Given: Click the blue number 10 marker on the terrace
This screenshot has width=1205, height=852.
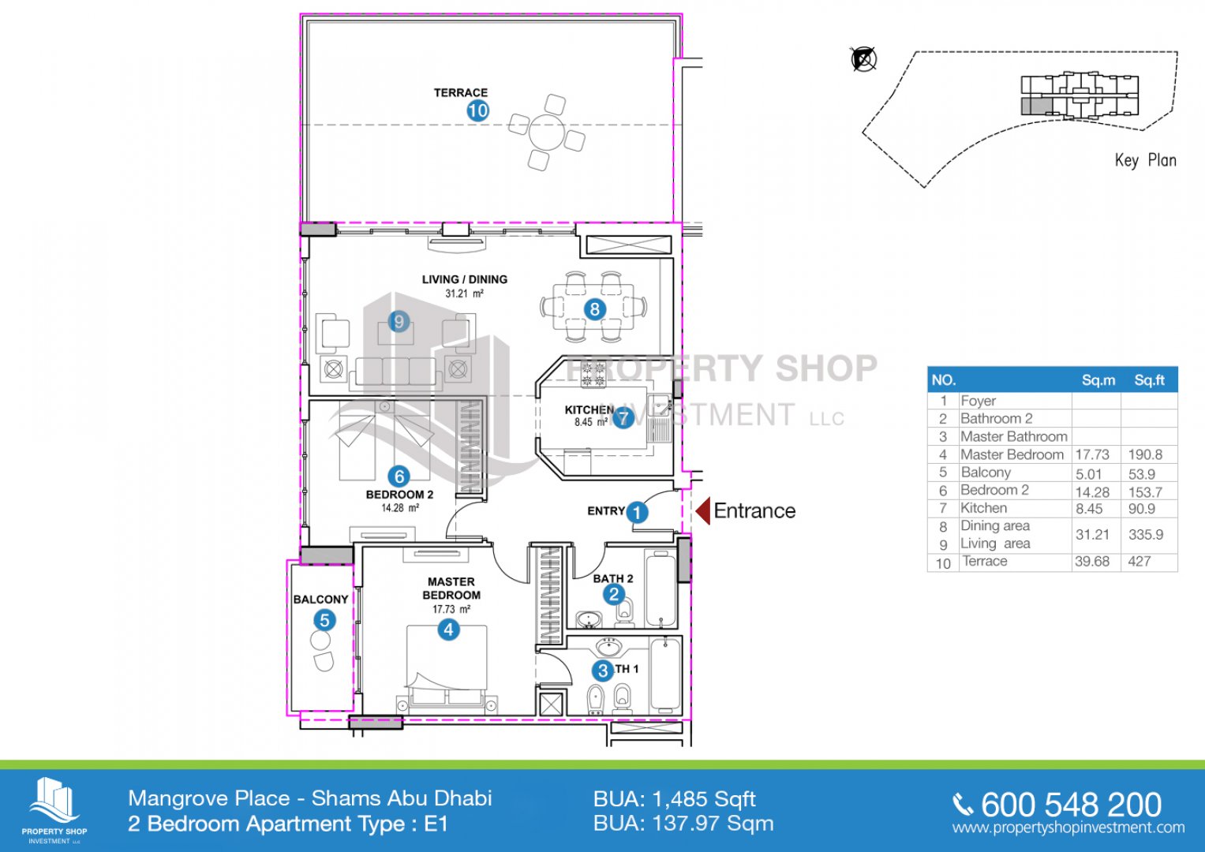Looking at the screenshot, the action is tap(477, 111).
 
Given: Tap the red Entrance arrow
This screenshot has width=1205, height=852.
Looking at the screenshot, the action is tap(702, 511).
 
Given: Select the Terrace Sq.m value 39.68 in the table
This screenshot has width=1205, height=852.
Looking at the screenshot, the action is tap(1092, 561).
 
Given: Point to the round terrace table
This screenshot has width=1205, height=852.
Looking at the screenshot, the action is tap(547, 132).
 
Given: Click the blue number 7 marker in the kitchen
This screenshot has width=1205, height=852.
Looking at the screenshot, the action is tap(623, 417).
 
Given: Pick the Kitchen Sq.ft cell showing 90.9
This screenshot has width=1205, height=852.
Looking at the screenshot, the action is tap(1142, 508).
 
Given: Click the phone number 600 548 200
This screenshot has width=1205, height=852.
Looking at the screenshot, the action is tap(1071, 805).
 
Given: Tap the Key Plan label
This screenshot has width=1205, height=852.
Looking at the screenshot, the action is tap(1145, 160).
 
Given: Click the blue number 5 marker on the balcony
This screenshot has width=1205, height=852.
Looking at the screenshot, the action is tap(324, 620).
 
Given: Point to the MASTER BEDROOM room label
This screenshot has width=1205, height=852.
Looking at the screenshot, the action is tap(451, 589).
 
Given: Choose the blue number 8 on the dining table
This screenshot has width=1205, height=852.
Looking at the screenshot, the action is tap(594, 309).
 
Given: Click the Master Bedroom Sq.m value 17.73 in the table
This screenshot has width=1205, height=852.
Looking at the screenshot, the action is tap(1092, 454).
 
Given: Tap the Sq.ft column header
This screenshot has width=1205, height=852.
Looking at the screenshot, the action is tap(1149, 380).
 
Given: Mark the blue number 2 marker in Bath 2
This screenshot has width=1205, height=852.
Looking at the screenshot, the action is tap(614, 594).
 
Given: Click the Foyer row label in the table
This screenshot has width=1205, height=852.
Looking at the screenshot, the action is tap(978, 401).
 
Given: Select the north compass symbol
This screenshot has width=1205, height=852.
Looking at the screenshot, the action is tap(864, 59).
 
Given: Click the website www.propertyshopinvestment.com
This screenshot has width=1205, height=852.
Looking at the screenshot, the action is tap(1068, 828).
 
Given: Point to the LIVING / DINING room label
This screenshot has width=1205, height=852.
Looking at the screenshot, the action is tap(464, 279).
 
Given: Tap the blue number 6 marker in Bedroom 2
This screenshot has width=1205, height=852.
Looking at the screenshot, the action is tap(399, 476).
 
